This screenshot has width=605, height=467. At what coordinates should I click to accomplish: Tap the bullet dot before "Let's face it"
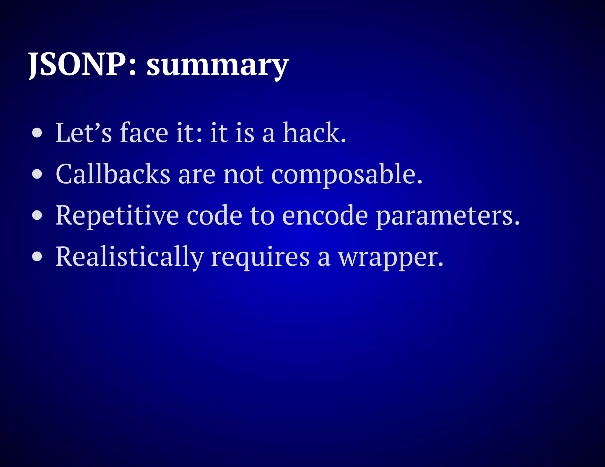tap(37, 133)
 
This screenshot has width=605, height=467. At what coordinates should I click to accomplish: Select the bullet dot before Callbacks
tap(37, 174)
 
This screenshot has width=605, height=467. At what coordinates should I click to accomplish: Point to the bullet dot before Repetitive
tap(37, 215)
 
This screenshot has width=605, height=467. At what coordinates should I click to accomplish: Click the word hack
tap(314, 133)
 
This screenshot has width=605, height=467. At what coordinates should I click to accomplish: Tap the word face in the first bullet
tap(144, 133)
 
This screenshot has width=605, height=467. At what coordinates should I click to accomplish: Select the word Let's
tap(84, 133)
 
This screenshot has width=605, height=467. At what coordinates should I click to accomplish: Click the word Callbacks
tap(113, 174)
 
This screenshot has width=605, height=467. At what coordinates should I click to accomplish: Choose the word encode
tap(325, 215)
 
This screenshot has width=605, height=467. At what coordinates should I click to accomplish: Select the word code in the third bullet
tap(214, 215)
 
